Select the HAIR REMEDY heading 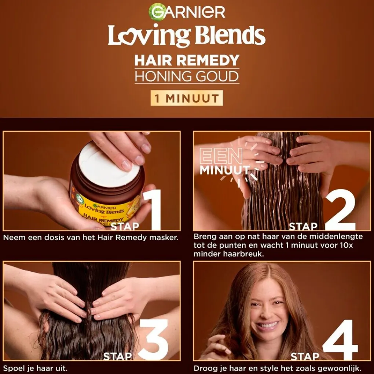(187, 60)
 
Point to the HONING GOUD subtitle (187, 76)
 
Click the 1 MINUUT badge (187, 98)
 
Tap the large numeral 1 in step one (153, 210)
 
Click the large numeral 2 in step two (340, 210)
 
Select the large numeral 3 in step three (153, 340)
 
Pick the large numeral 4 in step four (340, 340)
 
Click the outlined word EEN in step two (221, 156)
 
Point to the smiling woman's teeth (268, 325)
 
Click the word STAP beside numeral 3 (118, 356)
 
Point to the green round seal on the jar (79, 198)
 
